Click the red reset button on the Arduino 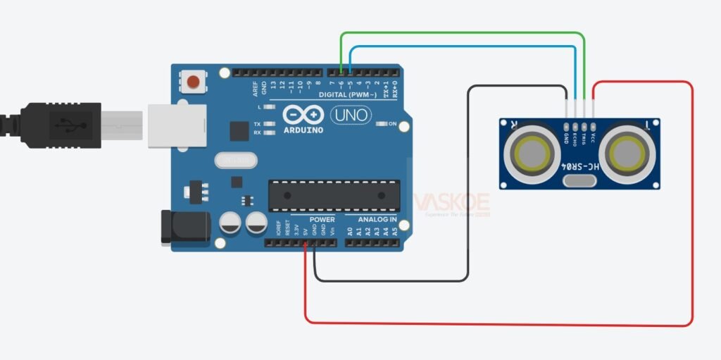pyautogui.click(x=193, y=82)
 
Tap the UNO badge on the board pyautogui.click(x=351, y=114)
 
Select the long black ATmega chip pyautogui.click(x=334, y=195)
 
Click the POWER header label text pyautogui.click(x=303, y=220)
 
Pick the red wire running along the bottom pyautogui.click(x=493, y=324)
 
